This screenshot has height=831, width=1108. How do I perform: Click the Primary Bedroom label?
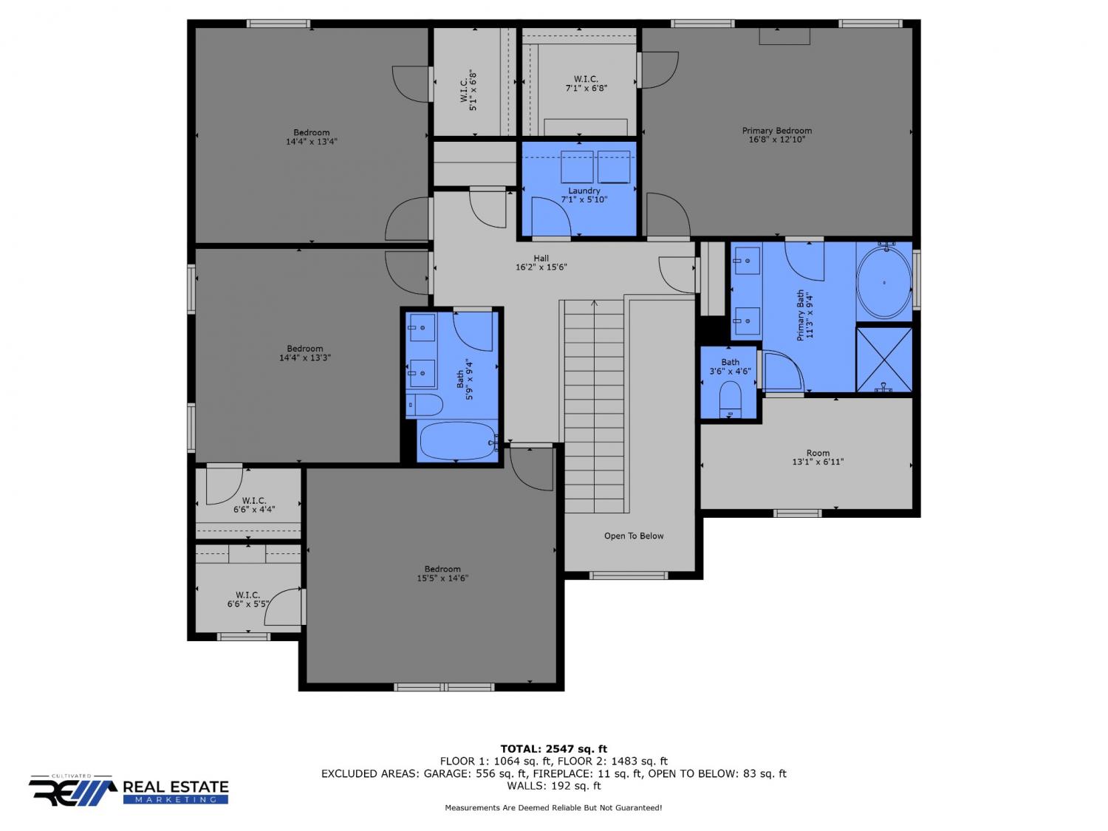(776, 134)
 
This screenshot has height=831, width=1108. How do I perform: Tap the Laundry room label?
(584, 195)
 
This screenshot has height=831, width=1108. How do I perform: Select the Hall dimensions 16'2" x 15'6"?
(541, 267)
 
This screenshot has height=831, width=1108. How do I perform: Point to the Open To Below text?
(634, 536)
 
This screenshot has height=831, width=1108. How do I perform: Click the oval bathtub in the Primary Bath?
(884, 283)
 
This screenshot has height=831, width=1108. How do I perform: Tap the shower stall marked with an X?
(884, 360)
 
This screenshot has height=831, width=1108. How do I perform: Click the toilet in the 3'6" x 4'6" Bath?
(730, 400)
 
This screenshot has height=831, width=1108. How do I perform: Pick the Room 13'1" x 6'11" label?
(818, 457)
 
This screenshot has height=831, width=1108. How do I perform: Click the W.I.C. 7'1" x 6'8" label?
(586, 83)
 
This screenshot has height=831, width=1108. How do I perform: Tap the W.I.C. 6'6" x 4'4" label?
(254, 505)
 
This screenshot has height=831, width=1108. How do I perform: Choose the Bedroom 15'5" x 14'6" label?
(442, 574)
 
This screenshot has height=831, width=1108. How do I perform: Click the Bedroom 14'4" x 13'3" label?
(305, 353)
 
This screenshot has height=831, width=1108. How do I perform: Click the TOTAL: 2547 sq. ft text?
(554, 749)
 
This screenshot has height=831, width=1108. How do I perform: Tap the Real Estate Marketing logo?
(129, 790)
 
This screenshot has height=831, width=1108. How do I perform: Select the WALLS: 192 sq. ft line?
(554, 786)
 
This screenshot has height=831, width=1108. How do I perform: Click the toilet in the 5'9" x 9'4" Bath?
(425, 405)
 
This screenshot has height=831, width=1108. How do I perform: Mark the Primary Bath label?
(805, 315)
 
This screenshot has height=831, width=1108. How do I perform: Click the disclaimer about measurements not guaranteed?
(553, 808)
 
